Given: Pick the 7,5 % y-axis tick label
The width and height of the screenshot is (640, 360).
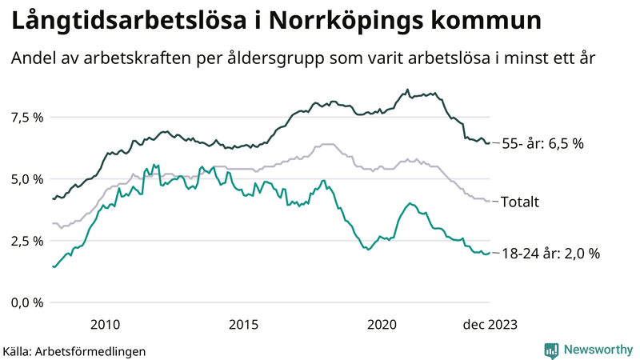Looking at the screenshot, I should pyautogui.click(x=26, y=118).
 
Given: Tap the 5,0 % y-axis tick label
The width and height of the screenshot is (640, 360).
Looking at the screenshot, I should pyautogui.click(x=26, y=179).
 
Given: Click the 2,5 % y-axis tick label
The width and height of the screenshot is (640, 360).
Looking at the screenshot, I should pyautogui.click(x=26, y=241).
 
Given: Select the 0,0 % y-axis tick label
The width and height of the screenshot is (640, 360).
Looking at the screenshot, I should pyautogui.click(x=26, y=302).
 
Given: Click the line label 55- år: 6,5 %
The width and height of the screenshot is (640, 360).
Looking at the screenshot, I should pyautogui.click(x=542, y=144).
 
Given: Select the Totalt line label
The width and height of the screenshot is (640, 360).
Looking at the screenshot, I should pyautogui.click(x=519, y=202).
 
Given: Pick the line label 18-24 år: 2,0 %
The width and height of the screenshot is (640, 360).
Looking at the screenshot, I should pyautogui.click(x=550, y=254).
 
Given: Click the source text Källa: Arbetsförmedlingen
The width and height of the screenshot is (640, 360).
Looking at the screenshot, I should pyautogui.click(x=74, y=350).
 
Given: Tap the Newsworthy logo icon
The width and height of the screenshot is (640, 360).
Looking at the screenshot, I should pyautogui.click(x=551, y=350).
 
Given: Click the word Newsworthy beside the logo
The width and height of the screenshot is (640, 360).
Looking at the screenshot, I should pyautogui.click(x=598, y=350).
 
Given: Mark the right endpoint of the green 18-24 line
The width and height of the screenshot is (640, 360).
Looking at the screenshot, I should pyautogui.click(x=490, y=253).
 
